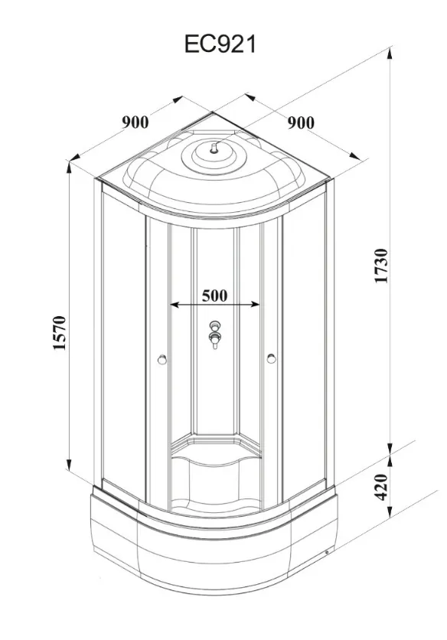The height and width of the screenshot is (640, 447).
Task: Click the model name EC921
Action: [220, 44]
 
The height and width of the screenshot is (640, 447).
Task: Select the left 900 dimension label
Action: [135, 122]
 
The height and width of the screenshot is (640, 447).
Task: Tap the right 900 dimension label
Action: [301, 122]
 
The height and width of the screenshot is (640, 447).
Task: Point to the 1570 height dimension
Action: [60, 333]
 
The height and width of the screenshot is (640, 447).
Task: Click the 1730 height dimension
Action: [381, 266]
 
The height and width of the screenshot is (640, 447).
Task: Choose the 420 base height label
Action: [381, 487]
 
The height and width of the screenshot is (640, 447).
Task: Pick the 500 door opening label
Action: [215, 295]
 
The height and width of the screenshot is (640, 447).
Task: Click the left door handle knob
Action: [162, 359]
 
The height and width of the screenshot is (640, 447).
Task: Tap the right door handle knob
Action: [271, 359]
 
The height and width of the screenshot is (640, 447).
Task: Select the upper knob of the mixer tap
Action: [214, 326]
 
